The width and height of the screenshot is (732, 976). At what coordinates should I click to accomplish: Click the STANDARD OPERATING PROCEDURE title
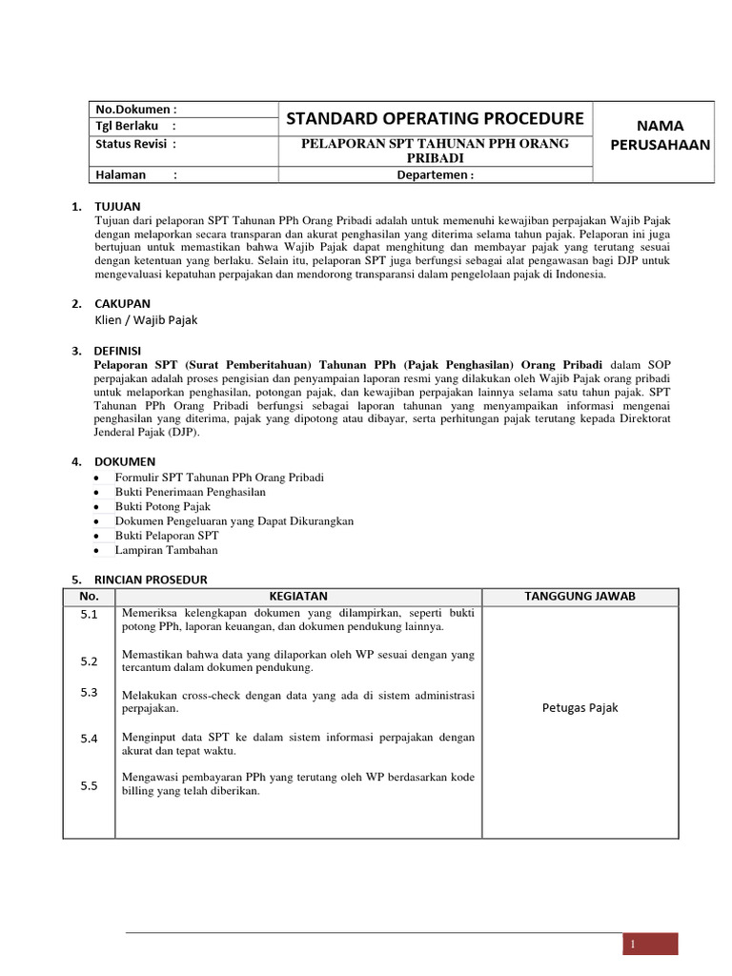pyautogui.click(x=435, y=118)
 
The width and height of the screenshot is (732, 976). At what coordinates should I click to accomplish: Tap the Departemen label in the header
pyautogui.click(x=435, y=174)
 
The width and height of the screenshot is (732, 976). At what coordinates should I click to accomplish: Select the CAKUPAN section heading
pyautogui.click(x=122, y=303)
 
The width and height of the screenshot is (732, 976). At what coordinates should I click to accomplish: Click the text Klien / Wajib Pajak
pyautogui.click(x=147, y=320)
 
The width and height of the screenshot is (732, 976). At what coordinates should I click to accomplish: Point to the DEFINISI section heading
pyautogui.click(x=119, y=351)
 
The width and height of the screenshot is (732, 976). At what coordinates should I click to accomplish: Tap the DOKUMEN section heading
pyautogui.click(x=124, y=461)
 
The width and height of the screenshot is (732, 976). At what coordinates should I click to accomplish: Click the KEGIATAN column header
pyautogui.click(x=298, y=596)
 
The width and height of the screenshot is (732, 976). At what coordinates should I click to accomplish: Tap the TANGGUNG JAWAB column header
pyautogui.click(x=580, y=596)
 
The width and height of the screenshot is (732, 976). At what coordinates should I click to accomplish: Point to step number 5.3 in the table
pyautogui.click(x=90, y=692)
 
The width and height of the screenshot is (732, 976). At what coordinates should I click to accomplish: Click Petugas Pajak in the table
pyautogui.click(x=580, y=707)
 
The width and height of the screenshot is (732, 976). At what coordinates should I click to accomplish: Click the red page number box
pyautogui.click(x=650, y=944)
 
